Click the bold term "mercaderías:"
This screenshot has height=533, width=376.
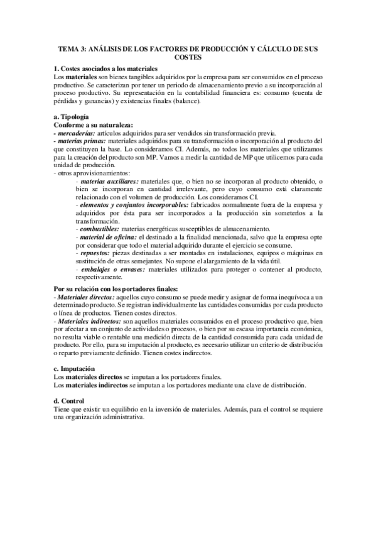77,133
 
